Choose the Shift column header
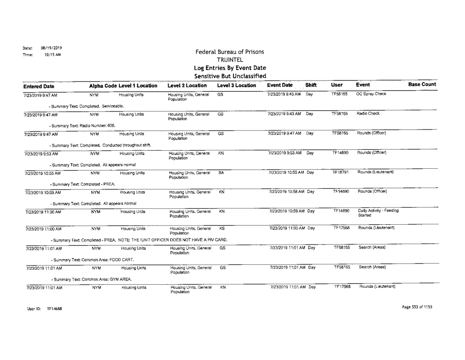(312, 85)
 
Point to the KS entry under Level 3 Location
(221, 227)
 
